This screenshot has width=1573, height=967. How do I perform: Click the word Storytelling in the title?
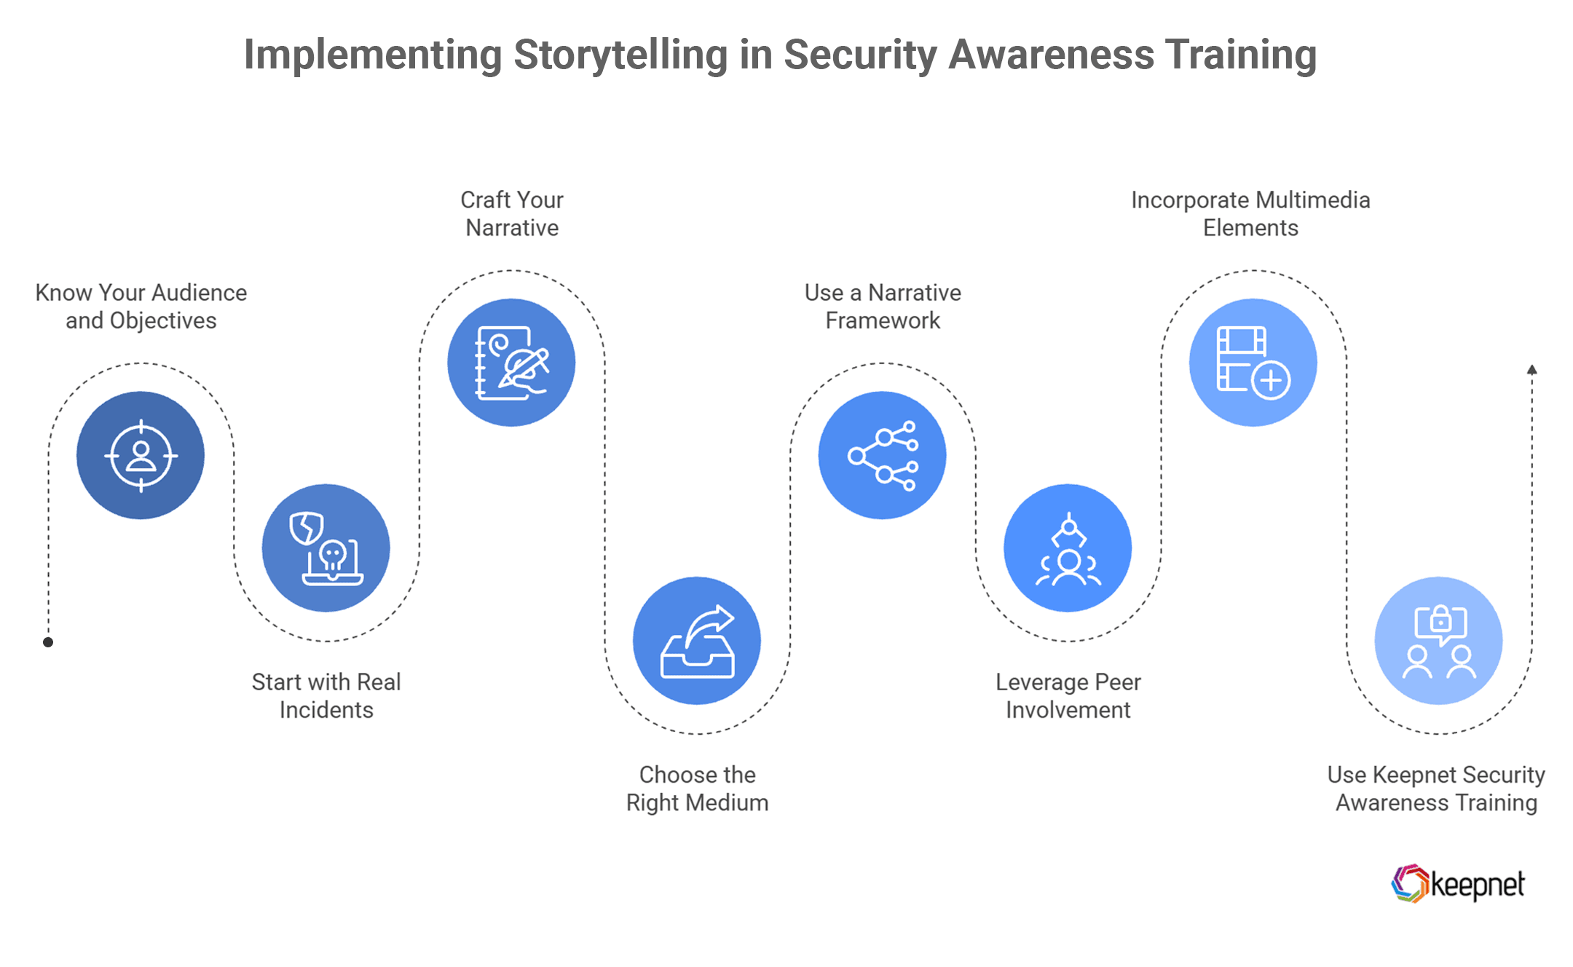[x=620, y=55]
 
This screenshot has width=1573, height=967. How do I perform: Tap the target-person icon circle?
[x=141, y=455]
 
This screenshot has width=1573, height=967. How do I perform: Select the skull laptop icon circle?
[x=326, y=548]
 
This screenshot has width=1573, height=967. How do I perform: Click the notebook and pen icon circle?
[x=511, y=362]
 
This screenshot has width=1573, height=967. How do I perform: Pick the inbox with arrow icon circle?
[x=697, y=641]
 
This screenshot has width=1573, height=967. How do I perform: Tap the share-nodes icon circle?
[x=882, y=455]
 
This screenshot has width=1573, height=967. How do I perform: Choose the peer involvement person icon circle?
[x=1068, y=548]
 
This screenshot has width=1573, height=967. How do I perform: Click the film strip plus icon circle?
[x=1253, y=362]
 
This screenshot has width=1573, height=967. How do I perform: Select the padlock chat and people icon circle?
[x=1438, y=641]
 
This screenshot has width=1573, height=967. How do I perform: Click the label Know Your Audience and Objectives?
[x=141, y=307]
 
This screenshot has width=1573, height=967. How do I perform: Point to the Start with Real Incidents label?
[x=326, y=695]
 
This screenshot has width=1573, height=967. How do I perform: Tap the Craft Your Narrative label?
[x=512, y=213]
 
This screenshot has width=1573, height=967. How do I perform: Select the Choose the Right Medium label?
[x=697, y=789]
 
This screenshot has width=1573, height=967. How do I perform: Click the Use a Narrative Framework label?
[x=883, y=307]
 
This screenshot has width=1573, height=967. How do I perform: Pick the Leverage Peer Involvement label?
[x=1068, y=695]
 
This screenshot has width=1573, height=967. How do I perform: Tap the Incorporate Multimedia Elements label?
[x=1250, y=213]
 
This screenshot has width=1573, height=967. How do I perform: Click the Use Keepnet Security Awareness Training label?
[x=1436, y=789]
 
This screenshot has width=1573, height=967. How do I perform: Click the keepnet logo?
[x=1457, y=884]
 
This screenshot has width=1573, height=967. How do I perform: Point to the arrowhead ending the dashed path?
[x=1532, y=370]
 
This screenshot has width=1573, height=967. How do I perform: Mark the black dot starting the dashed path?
[x=48, y=642]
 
